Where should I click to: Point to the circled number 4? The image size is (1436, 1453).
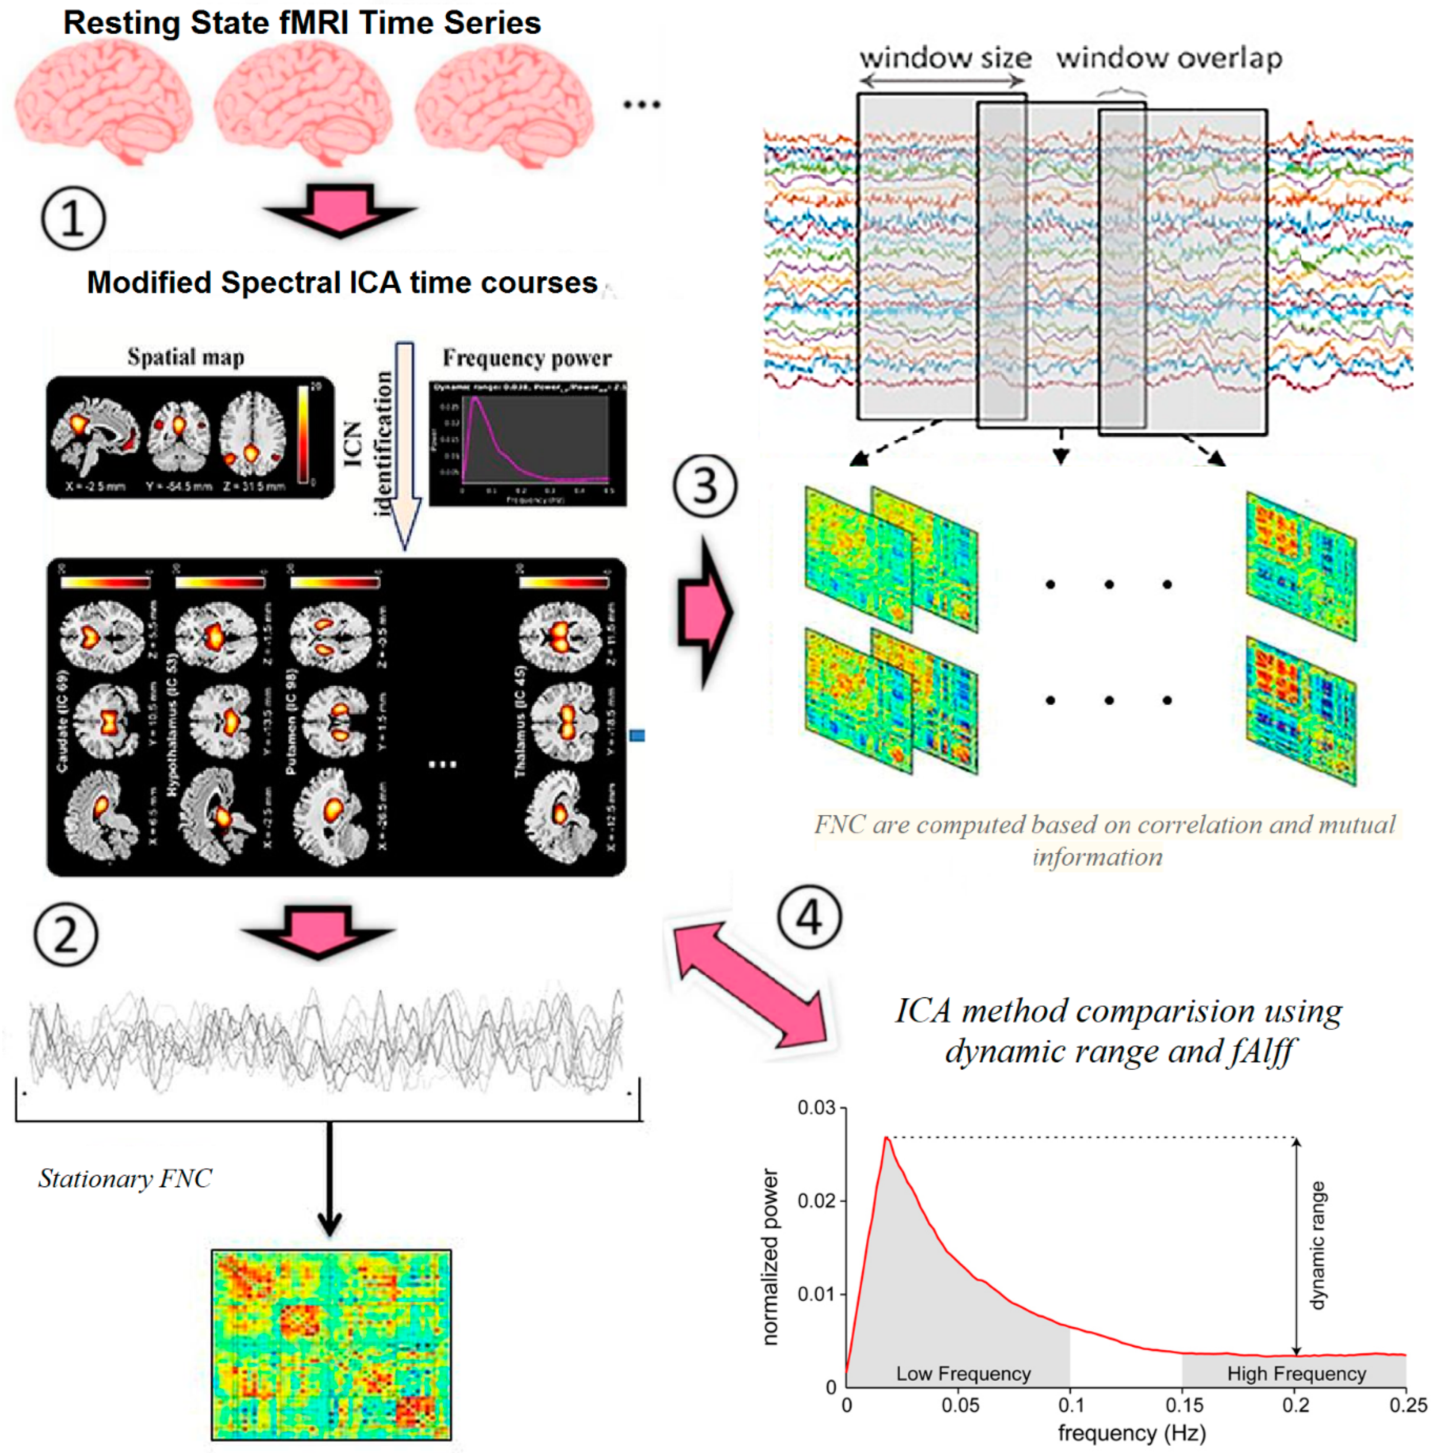(x=809, y=918)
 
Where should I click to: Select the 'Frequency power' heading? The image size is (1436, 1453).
(x=526, y=358)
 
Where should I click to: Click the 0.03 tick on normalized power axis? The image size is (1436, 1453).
(x=816, y=1108)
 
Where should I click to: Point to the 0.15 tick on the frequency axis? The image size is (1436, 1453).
(x=1184, y=1405)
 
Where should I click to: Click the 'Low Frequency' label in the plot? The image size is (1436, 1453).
(x=963, y=1373)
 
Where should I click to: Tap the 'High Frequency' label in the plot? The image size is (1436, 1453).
(x=1296, y=1373)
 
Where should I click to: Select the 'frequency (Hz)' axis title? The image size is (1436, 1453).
(x=1131, y=1433)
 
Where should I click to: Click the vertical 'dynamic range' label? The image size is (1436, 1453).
(x=1317, y=1245)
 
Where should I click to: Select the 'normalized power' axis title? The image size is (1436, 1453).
(x=770, y=1256)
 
